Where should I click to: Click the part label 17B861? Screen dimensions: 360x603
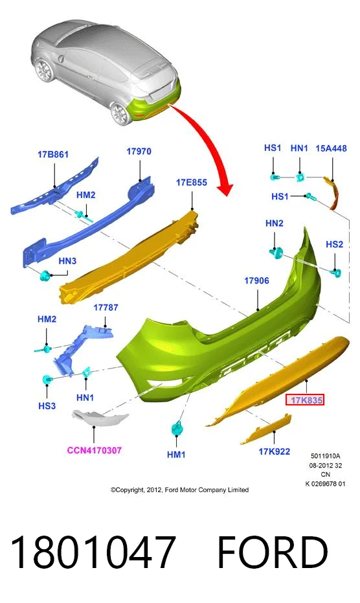point(53,155)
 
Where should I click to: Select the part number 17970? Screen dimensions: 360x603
point(139,152)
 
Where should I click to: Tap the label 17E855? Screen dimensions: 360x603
point(192,182)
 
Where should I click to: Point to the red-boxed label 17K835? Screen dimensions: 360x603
point(306,400)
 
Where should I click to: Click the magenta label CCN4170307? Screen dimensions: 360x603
point(95,450)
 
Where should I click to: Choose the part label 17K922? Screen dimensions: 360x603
point(275,451)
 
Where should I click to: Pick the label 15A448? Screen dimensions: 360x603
point(331,148)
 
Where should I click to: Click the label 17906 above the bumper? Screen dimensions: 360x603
point(256,280)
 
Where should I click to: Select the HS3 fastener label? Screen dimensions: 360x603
point(47,405)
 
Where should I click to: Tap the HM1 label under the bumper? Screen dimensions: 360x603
point(176,455)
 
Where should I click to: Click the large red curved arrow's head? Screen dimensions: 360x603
point(225,189)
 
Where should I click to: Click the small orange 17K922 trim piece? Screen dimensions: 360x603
point(265,428)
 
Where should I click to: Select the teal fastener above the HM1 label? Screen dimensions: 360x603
point(177,428)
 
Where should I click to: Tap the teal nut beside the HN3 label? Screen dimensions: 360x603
point(45,275)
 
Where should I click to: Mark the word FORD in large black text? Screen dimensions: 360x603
point(273,552)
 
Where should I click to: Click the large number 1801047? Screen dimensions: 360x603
point(93,552)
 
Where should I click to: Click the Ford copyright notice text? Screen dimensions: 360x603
point(179,490)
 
